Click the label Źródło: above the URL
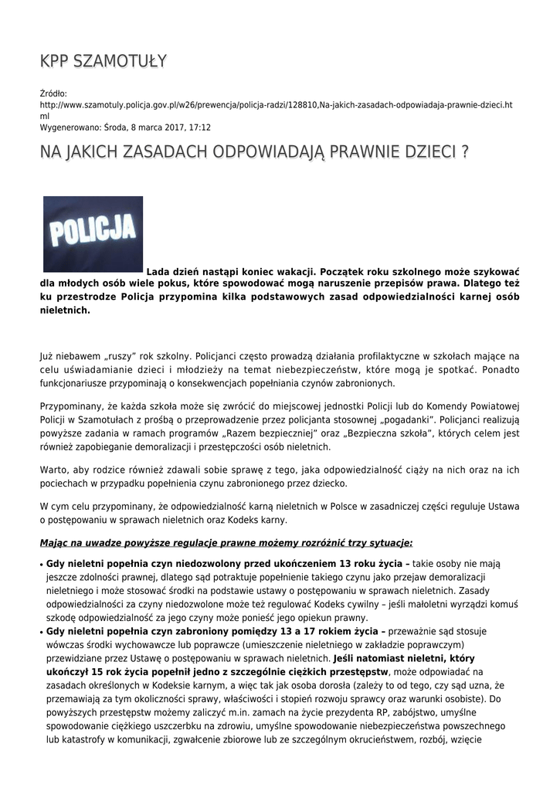tap(53, 93)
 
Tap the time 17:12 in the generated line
tap(199, 127)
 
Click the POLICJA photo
tap(93, 234)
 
